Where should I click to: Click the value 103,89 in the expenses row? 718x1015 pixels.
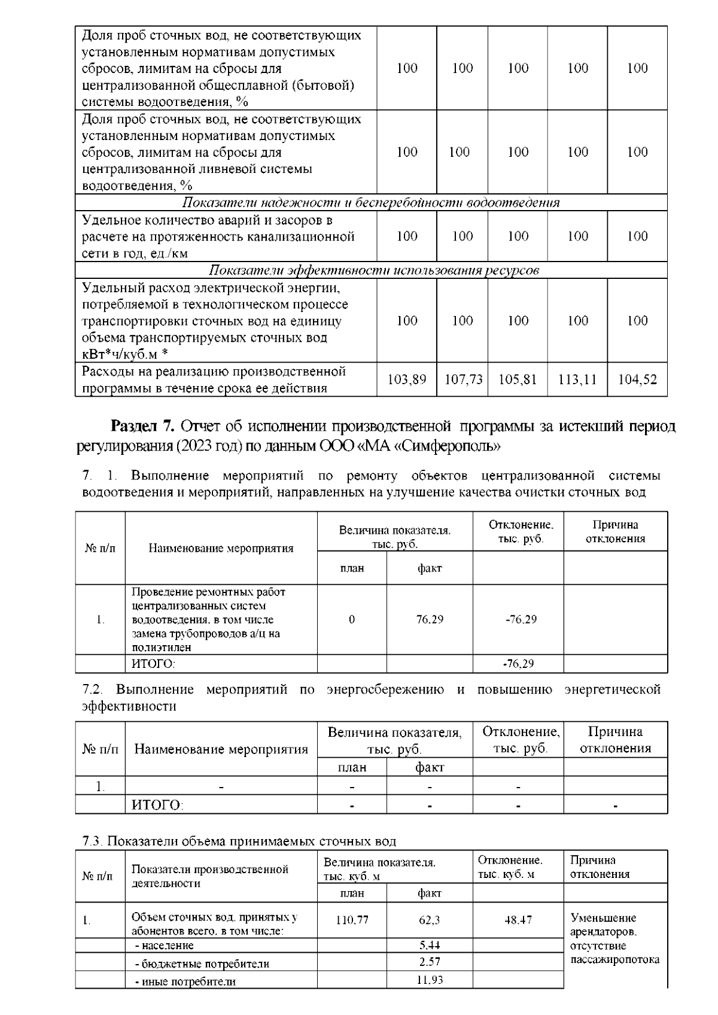click(407, 379)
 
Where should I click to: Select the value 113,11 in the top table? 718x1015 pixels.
click(577, 379)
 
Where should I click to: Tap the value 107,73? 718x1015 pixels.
click(463, 379)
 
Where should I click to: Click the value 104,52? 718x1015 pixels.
click(637, 379)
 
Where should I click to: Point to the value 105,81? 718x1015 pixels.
click(518, 379)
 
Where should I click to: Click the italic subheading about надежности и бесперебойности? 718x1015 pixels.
click(371, 202)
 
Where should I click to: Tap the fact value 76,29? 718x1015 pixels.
click(430, 619)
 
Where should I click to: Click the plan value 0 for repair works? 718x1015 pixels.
click(352, 619)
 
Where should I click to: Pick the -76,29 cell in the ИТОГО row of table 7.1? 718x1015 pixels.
click(518, 664)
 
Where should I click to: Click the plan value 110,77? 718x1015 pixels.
click(352, 920)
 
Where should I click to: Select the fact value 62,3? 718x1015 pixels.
click(430, 920)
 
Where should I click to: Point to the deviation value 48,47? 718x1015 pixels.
click(518, 920)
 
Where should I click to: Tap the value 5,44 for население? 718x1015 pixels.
click(430, 945)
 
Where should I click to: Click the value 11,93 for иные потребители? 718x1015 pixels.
click(430, 980)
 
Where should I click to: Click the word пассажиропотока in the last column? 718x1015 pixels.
click(615, 959)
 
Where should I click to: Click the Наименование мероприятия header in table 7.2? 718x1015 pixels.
click(221, 749)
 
